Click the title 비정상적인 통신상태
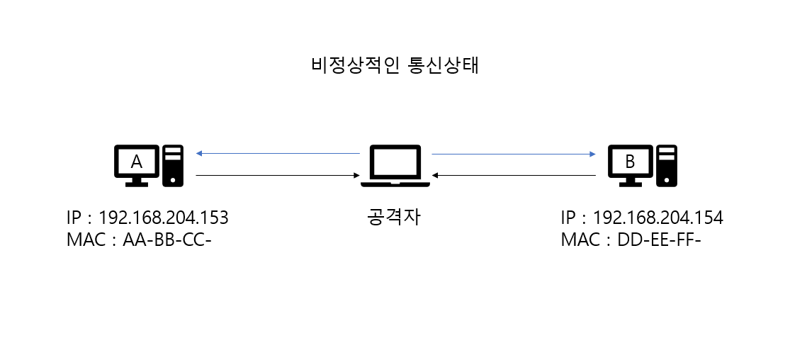(395, 65)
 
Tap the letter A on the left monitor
(137, 162)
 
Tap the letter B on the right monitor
(630, 162)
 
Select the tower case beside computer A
(173, 165)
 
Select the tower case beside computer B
(666, 165)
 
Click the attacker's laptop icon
(395, 167)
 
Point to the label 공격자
(395, 217)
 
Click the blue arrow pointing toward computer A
(278, 153)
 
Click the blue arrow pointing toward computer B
(513, 153)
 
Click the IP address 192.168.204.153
(163, 218)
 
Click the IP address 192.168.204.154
(658, 218)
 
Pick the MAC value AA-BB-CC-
(167, 240)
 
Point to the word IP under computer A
(74, 218)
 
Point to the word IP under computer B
(568, 218)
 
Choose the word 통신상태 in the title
(444, 65)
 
